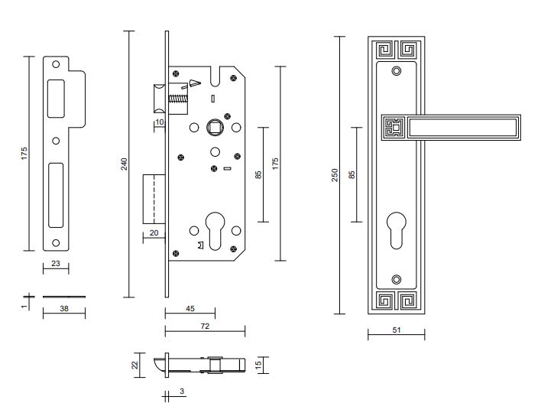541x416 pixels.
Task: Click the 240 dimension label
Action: pos(124,164)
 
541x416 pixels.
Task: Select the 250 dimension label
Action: pos(334,175)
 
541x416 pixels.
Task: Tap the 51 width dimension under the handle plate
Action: pos(396,330)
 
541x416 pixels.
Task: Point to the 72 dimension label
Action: pos(205,326)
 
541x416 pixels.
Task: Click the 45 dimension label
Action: pos(190,309)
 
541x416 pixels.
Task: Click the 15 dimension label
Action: pos(259,364)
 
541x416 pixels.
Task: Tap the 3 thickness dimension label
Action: pos(182,391)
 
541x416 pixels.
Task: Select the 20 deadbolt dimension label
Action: pos(153,232)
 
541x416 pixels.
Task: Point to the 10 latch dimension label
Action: pos(160,122)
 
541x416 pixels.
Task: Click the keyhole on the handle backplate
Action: pos(396,230)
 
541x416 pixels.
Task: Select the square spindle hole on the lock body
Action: pos(213,127)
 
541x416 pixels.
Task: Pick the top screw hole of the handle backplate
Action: pos(396,71)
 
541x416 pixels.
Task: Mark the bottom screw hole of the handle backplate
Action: pos(396,280)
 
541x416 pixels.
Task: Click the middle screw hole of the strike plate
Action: pos(56,141)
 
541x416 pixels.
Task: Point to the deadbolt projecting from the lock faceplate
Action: pos(154,199)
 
